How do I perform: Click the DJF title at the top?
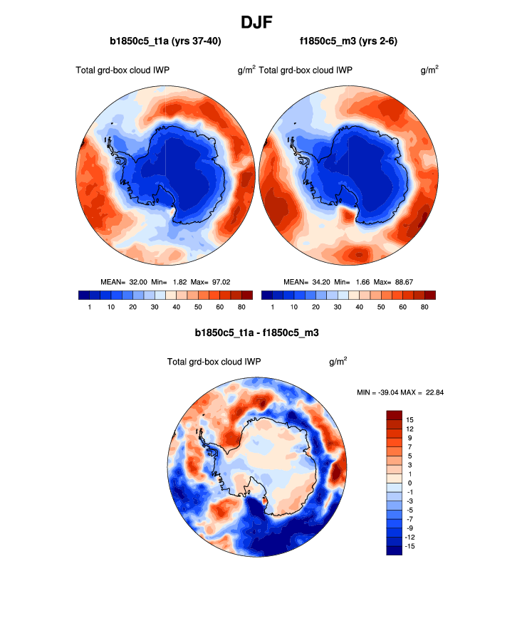pos(261,22)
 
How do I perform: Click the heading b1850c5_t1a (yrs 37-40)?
pos(165,41)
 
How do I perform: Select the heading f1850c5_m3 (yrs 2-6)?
pos(348,41)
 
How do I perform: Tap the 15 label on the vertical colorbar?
pos(412,420)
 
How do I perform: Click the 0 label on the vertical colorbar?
pos(410,483)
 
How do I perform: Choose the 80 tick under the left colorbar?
pos(241,307)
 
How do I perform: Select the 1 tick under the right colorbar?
pos(273,307)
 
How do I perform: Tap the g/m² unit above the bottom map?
pos(338,361)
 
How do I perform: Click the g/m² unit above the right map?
pos(429,70)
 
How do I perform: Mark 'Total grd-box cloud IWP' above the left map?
pos(122,70)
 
